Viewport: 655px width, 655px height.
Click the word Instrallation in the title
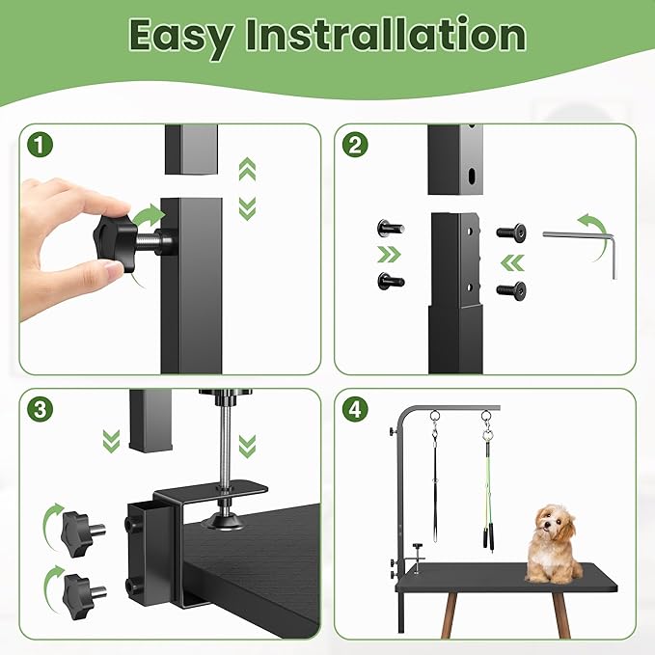383,37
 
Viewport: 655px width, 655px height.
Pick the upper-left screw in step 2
390,228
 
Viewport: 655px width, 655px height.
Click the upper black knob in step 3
77,527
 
